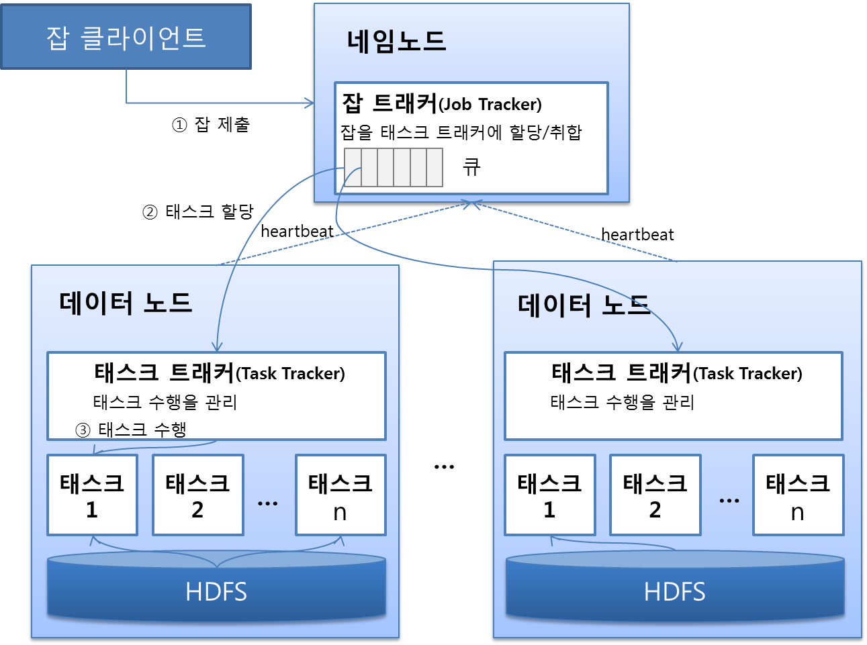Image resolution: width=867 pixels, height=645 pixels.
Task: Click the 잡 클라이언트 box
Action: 126,37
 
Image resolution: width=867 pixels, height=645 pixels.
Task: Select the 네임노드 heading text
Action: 396,41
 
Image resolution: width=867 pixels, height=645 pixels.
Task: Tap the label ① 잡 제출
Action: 211,125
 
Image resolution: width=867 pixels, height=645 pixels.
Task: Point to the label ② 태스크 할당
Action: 198,212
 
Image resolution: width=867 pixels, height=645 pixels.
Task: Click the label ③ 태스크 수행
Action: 131,430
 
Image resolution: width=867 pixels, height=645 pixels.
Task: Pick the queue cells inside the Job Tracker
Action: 394,167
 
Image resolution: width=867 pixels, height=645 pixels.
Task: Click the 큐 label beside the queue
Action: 471,167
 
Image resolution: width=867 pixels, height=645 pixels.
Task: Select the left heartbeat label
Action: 297,232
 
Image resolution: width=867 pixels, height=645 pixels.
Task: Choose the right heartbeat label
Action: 637,235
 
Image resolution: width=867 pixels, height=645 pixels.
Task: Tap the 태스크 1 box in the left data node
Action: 92,495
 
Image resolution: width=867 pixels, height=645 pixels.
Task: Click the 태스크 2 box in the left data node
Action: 197,495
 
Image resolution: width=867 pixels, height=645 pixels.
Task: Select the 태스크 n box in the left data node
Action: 340,495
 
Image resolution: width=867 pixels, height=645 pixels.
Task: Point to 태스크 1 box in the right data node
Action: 549,495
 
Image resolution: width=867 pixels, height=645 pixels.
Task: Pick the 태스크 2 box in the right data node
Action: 655,495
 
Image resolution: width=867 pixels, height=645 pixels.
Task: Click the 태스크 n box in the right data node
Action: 798,495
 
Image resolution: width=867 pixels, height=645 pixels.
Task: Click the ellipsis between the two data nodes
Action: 444,466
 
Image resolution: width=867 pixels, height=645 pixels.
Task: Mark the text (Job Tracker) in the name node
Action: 490,105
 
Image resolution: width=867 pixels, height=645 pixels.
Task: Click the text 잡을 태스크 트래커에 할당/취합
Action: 461,132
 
